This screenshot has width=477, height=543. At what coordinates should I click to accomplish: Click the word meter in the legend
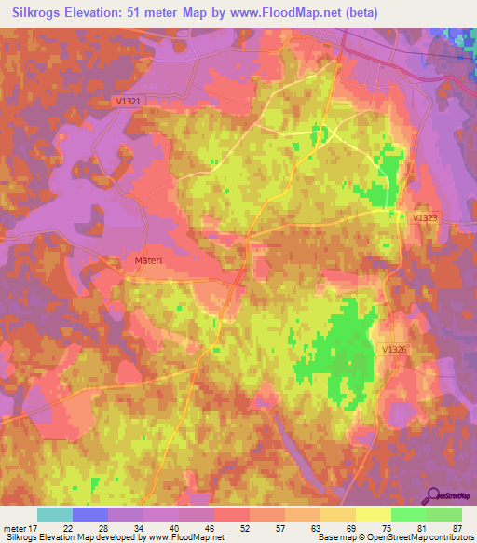tap(16, 527)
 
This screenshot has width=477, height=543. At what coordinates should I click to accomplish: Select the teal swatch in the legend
tap(55, 514)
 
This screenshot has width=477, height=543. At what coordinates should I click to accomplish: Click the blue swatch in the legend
tap(90, 514)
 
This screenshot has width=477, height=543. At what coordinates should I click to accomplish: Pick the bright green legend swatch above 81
tap(409, 514)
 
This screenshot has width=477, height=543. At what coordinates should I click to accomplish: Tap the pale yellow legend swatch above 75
tap(374, 514)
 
